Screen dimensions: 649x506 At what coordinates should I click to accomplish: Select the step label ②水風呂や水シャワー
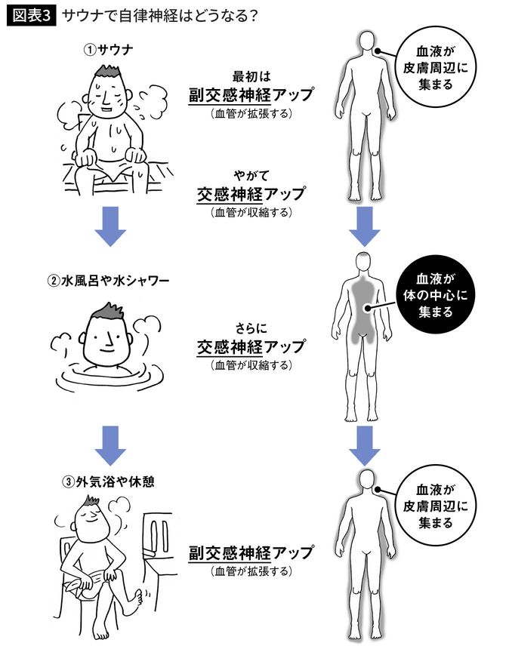coord(107,281)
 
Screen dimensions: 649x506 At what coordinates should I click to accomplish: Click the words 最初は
coord(251,76)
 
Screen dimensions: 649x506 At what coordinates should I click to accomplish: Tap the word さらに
coord(251,330)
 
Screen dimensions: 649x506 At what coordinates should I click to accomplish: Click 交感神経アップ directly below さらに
coord(251,347)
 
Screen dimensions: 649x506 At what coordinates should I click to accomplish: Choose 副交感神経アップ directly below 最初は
coord(251,94)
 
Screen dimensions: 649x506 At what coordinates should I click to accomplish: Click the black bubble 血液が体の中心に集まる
coord(433,294)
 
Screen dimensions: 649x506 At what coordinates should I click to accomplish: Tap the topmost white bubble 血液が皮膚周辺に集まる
coord(433,68)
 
